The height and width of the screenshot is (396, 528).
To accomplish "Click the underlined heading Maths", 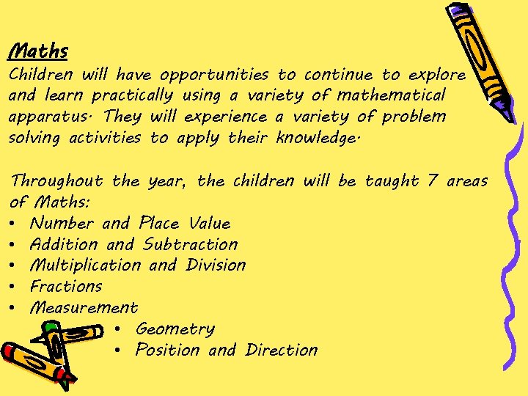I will point(38,51).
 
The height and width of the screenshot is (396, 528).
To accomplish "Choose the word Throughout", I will point(57,180).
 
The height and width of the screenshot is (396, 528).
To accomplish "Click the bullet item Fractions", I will point(66,287).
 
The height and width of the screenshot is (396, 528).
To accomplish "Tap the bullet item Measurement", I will point(84,308).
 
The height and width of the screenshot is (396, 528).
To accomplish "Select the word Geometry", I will point(175,329).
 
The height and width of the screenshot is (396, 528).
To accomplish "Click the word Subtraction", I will point(190,244).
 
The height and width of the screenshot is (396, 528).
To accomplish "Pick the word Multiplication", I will point(85,265).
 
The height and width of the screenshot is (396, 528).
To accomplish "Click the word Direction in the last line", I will point(282,351).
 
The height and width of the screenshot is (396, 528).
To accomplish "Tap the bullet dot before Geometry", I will point(118,329).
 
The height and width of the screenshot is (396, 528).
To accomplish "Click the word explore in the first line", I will point(438,75).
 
